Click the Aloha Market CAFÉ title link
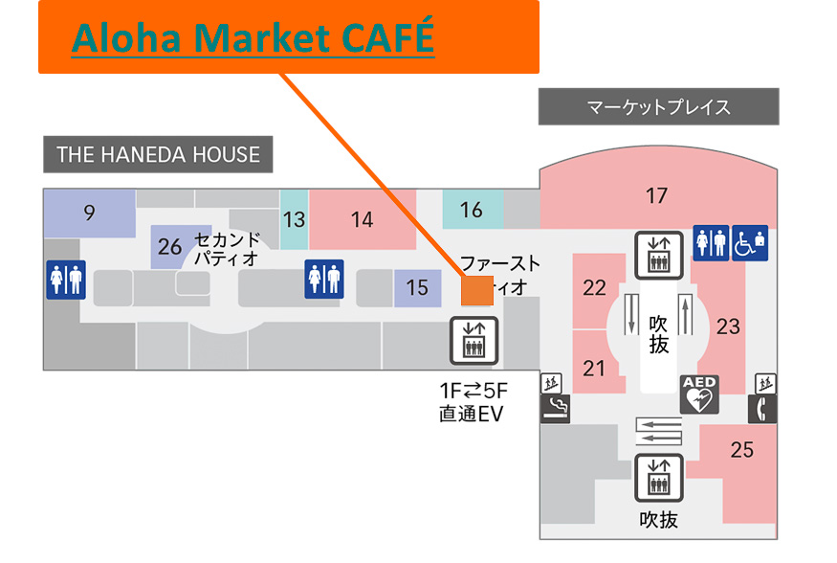[x=253, y=37]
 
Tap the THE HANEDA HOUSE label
[x=158, y=154]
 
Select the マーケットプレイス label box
[x=658, y=106]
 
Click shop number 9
[x=89, y=213]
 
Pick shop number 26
[x=170, y=247]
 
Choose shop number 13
[x=294, y=219]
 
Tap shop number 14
[x=362, y=219]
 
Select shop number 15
[x=416, y=286]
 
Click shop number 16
[x=472, y=209]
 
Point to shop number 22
[x=594, y=286]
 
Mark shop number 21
[x=594, y=368]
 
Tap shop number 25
[x=741, y=449]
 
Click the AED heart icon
[x=699, y=394]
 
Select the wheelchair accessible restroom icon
[x=751, y=242]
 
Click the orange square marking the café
[x=476, y=288]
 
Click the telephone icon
[x=762, y=409]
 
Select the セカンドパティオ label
[x=227, y=248]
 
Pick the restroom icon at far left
[x=66, y=279]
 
